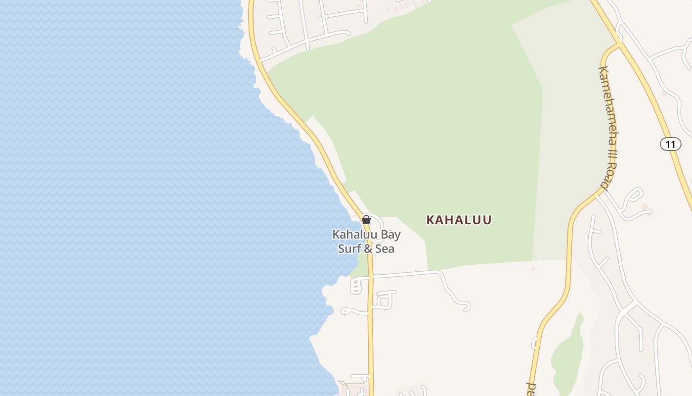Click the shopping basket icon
pos(366,220)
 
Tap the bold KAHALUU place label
pos(459,220)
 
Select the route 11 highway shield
pos(670,144)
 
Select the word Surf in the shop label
pos(349,248)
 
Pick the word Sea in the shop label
pos(385,248)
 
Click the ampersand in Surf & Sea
pos(368,248)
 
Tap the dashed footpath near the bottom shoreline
pos(352,383)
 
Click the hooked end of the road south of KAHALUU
pos(465,307)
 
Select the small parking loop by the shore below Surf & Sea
pos(356,286)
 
